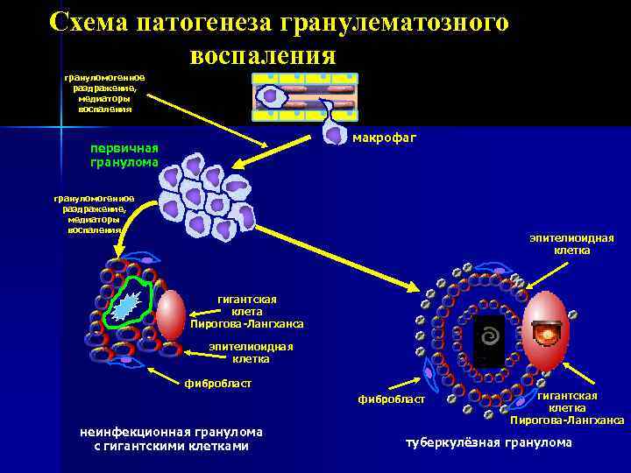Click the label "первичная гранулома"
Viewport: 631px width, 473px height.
124,154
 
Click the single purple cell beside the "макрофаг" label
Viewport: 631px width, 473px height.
334,131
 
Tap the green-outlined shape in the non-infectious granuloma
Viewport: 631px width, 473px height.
128,303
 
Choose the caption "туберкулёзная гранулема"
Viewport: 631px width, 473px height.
487,442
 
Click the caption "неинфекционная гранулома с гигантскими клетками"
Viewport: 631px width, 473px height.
171,439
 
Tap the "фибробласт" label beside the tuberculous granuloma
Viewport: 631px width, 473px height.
392,400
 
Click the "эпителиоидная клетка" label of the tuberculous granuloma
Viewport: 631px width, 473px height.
571,244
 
